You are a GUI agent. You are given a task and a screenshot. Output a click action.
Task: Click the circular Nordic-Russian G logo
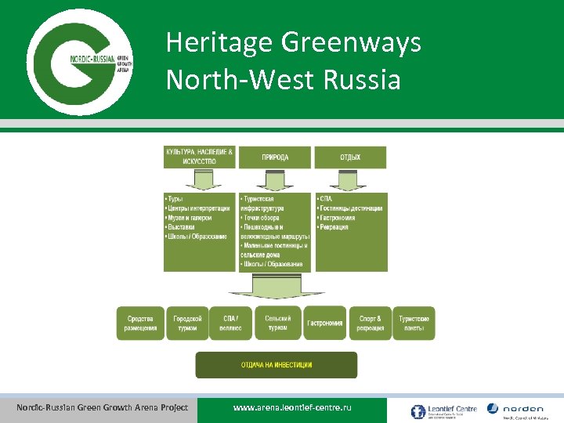79,60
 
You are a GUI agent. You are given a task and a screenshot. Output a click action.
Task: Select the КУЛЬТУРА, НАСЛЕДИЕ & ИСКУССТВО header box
199,157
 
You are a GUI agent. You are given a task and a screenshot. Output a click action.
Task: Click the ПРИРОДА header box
274,157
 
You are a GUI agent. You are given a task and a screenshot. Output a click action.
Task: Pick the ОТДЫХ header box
350,157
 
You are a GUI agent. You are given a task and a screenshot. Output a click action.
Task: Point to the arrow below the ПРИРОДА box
274,180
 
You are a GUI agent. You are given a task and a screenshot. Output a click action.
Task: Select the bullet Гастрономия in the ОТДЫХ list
338,218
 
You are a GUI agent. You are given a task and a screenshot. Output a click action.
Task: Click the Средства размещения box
141,323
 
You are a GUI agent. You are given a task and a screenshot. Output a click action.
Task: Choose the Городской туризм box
188,323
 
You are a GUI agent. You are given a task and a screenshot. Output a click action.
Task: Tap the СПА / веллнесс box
233,323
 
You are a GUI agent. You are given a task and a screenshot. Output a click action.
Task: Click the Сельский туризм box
278,323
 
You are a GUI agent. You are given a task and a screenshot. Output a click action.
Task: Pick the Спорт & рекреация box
370,323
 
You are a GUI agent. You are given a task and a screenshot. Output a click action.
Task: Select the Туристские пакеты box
414,323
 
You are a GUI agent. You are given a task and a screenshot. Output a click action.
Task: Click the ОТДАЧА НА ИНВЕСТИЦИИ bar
276,365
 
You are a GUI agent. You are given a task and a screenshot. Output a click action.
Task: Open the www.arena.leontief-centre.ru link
292,409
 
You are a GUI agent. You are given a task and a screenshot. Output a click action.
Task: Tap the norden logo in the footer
515,409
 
